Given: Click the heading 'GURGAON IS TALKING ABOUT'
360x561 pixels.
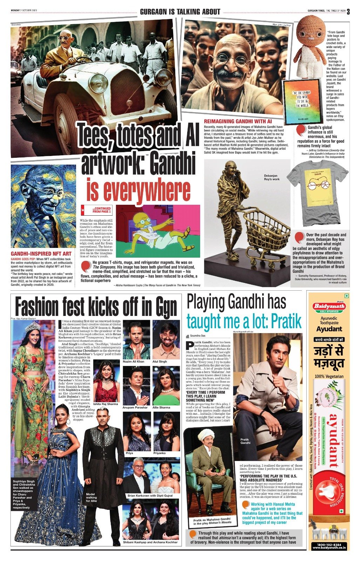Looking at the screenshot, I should [x=180, y=12].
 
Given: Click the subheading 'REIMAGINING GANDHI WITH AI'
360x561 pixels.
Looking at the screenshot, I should [x=238, y=121].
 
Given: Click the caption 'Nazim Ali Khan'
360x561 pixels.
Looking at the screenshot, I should [x=133, y=361].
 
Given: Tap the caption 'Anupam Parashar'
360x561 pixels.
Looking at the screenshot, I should [x=135, y=407].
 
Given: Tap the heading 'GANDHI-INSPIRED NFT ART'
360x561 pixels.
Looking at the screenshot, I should [x=41, y=254].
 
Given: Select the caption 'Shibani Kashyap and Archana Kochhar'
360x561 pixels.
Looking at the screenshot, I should [x=150, y=542].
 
